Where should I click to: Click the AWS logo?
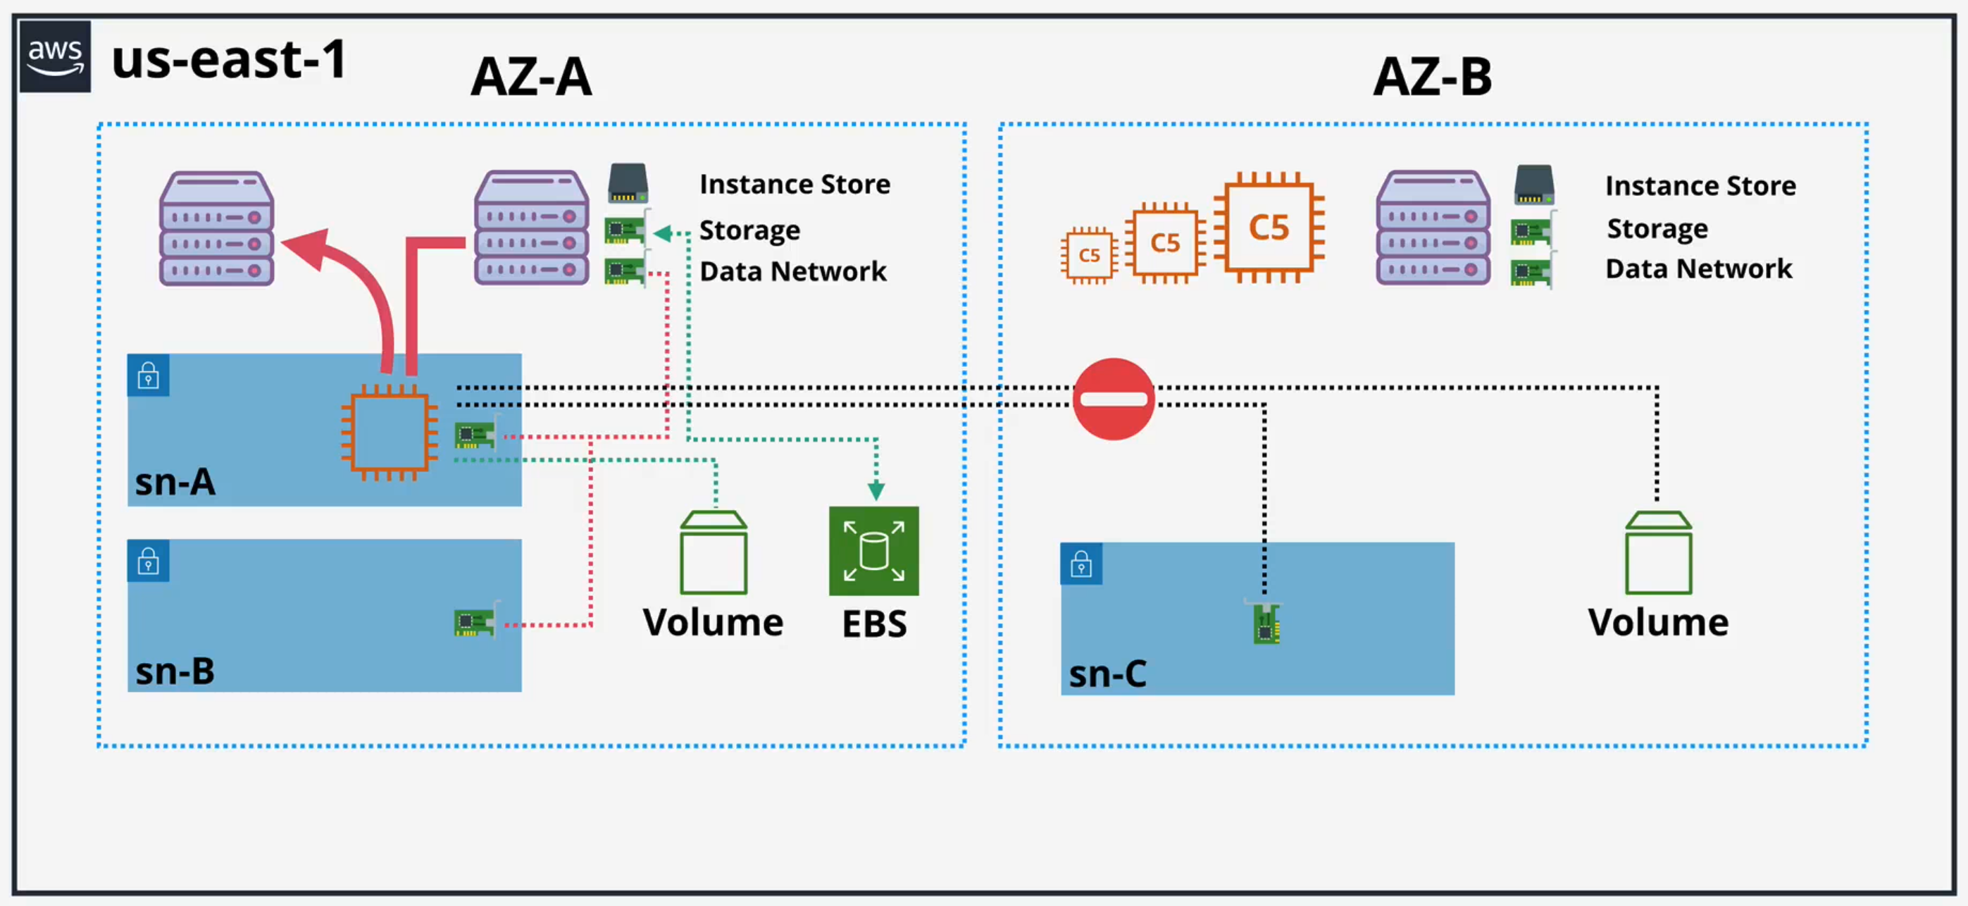[55, 57]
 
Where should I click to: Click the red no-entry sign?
[1113, 399]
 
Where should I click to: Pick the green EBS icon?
[873, 551]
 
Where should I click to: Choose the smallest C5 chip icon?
[1089, 255]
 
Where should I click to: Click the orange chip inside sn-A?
[389, 433]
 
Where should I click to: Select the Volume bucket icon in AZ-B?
[1658, 553]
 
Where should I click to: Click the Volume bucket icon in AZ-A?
[714, 553]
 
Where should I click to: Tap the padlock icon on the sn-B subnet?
[148, 561]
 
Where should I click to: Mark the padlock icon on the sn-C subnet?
[1081, 564]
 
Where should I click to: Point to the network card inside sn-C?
[1266, 624]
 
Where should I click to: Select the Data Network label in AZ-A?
[793, 271]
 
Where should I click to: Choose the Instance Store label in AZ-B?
[1700, 185]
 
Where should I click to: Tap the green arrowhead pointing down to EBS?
[876, 490]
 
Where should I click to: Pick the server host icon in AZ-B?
[1433, 228]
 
